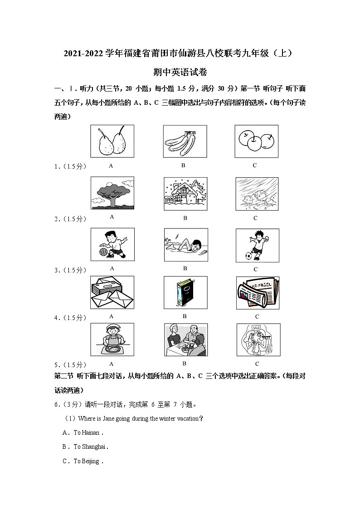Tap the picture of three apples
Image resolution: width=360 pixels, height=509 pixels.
(256, 141)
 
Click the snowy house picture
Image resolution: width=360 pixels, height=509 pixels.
(185, 194)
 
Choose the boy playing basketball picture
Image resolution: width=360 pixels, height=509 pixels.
(112, 245)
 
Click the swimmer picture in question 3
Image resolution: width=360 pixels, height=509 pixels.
(186, 245)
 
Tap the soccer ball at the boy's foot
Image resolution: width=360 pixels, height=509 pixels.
(248, 256)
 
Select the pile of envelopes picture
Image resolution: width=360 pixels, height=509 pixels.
(112, 292)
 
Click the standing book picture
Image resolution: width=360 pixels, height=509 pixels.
(185, 292)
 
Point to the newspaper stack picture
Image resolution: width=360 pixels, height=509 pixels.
(257, 292)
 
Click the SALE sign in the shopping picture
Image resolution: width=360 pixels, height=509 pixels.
(257, 327)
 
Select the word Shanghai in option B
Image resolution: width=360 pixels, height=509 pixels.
(93, 447)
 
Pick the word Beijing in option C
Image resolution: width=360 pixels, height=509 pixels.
(90, 461)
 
